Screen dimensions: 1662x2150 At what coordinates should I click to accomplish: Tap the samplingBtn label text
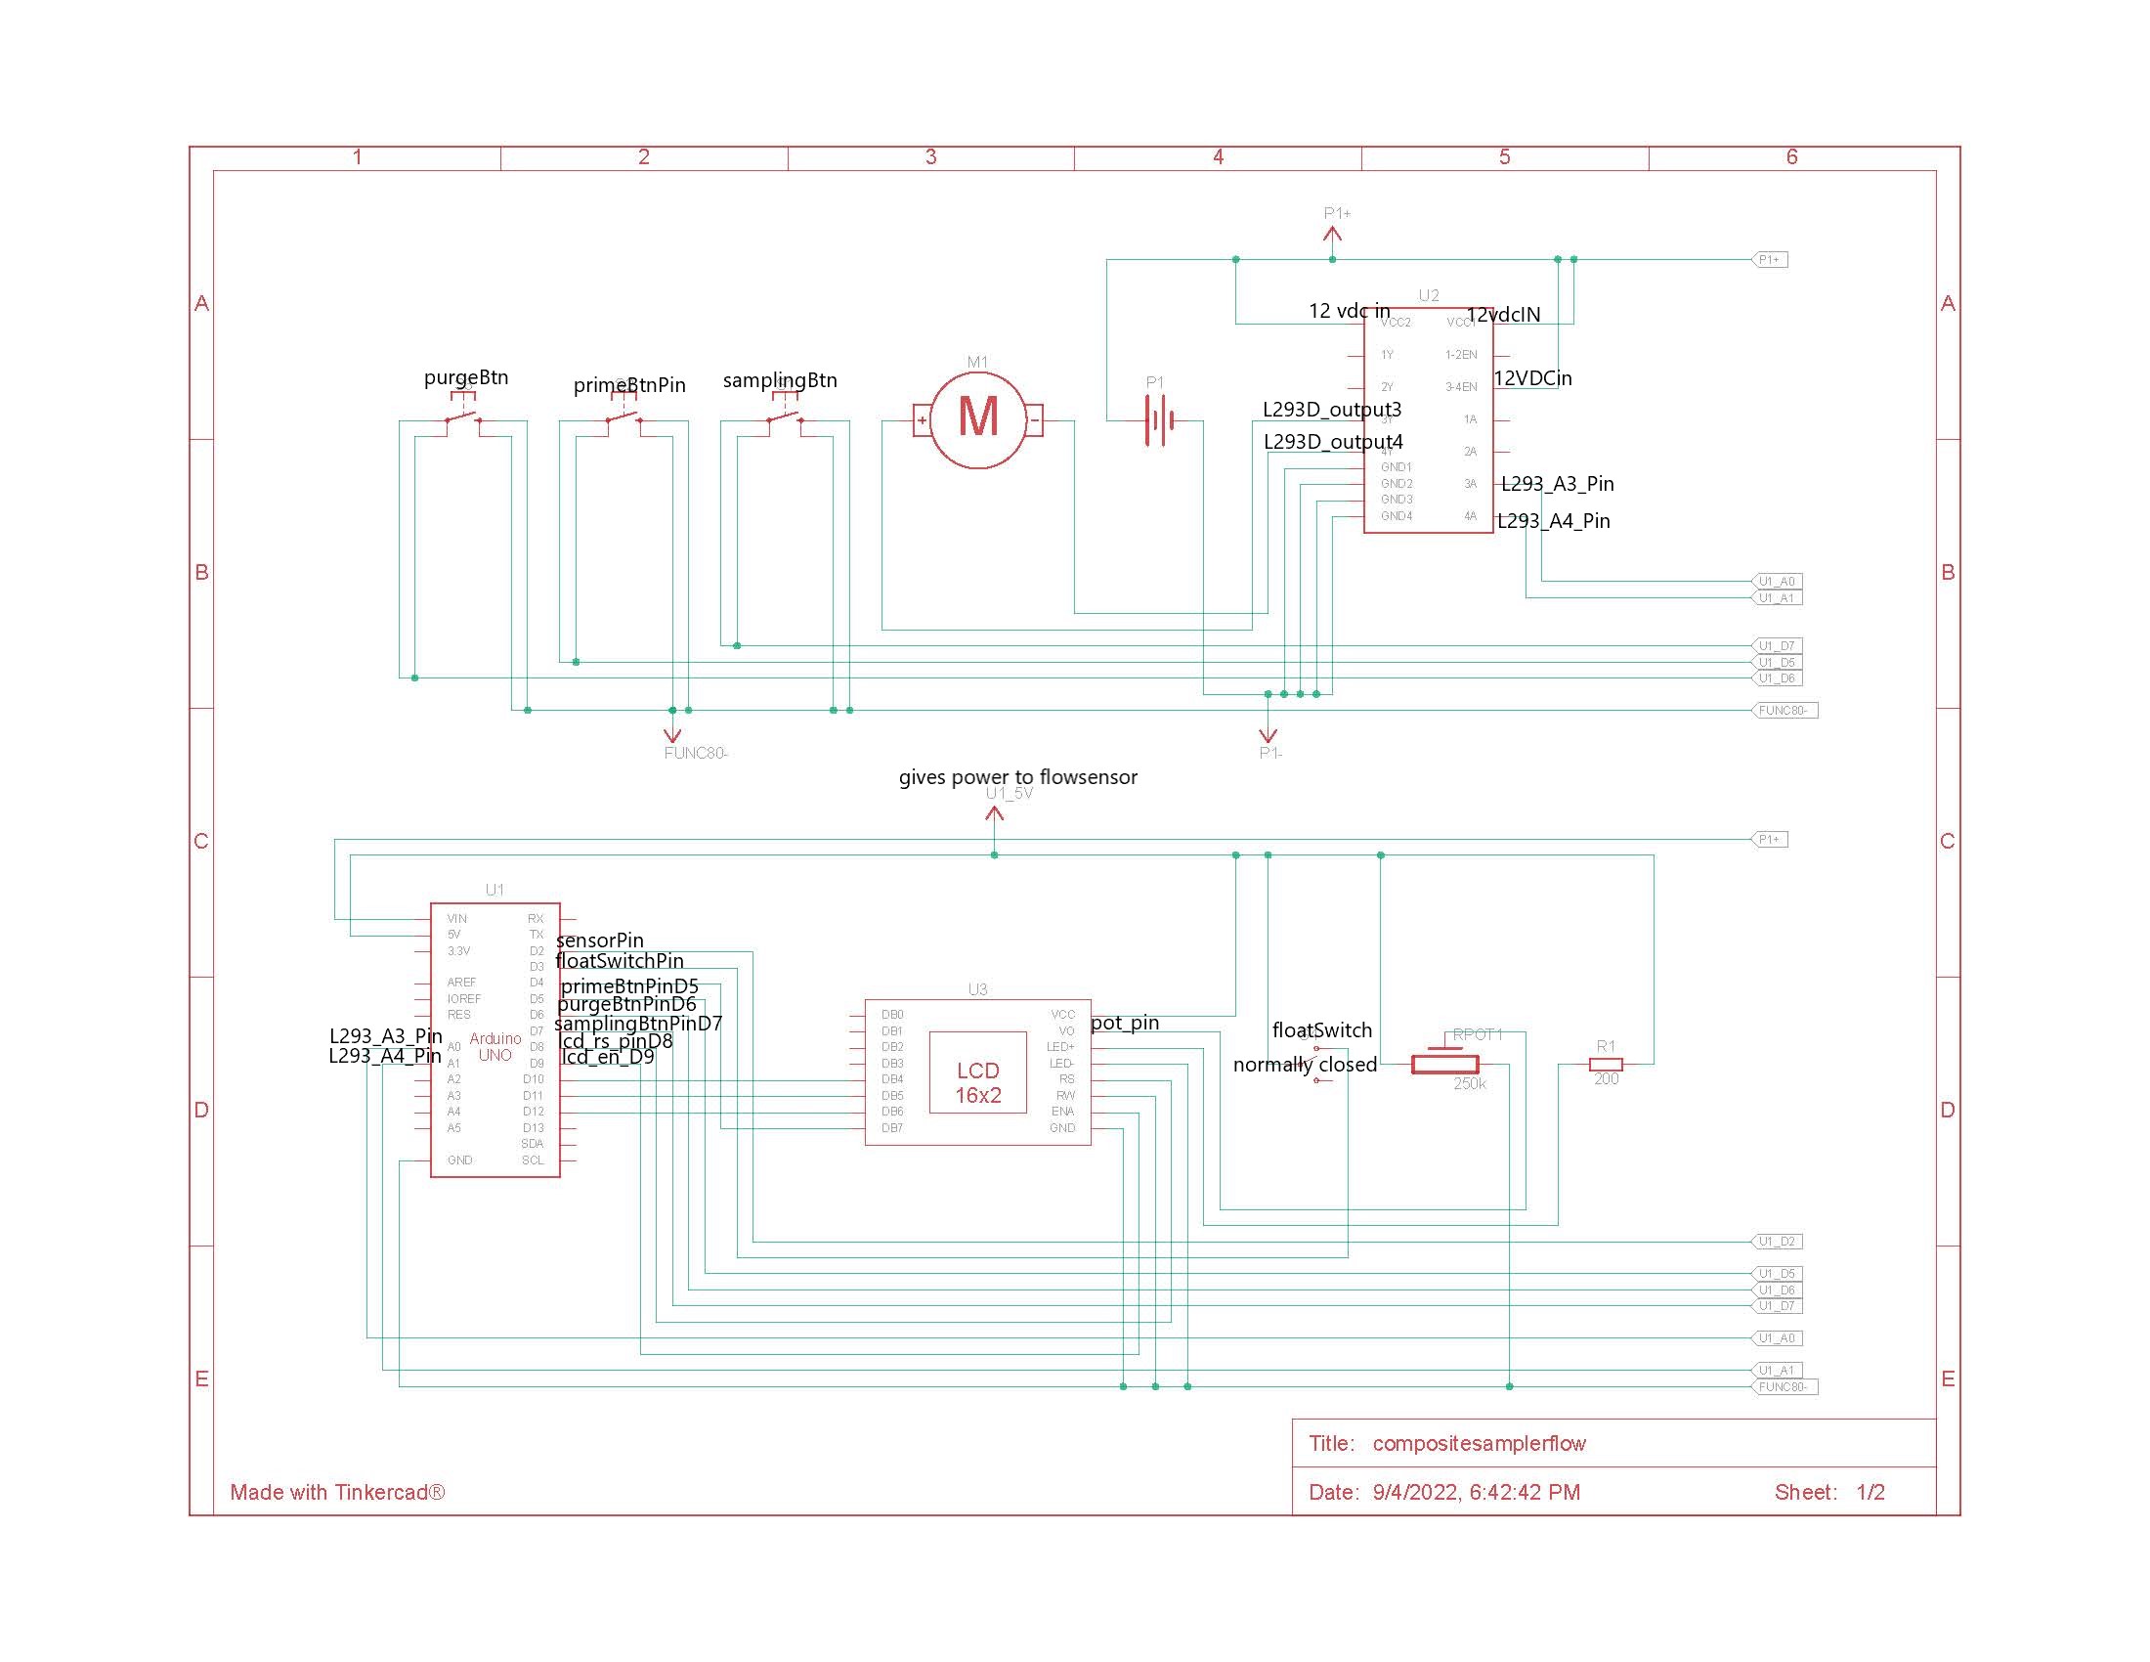pos(780,380)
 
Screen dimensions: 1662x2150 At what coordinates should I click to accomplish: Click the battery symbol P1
pos(1158,420)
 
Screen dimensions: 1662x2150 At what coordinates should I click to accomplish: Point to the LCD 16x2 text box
pos(977,1083)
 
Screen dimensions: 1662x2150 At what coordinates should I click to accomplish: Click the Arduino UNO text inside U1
pos(494,1047)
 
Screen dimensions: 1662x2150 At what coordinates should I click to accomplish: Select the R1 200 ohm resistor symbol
pos(1606,1065)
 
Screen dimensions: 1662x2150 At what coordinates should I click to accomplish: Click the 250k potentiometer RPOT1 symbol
pos(1444,1064)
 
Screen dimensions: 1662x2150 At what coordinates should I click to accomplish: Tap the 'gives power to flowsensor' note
pos(1017,777)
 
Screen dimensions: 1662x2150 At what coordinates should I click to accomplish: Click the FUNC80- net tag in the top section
pos(1784,710)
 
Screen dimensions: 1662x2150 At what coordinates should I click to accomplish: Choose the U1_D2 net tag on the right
pos(1777,1242)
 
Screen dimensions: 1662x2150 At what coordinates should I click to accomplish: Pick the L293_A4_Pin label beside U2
pos(1554,521)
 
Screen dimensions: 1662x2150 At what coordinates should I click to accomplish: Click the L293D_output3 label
pos(1331,409)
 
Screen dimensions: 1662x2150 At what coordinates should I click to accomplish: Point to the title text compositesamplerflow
pos(1479,1443)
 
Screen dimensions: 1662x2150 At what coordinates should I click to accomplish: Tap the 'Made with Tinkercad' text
pos(337,1492)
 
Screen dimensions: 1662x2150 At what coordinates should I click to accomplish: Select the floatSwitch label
pos(1321,1029)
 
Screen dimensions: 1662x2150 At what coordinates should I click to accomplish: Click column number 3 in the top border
pos(930,156)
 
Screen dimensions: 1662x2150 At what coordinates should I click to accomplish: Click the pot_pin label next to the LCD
pos(1124,1022)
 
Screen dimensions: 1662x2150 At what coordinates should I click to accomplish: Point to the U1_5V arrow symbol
pos(994,816)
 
